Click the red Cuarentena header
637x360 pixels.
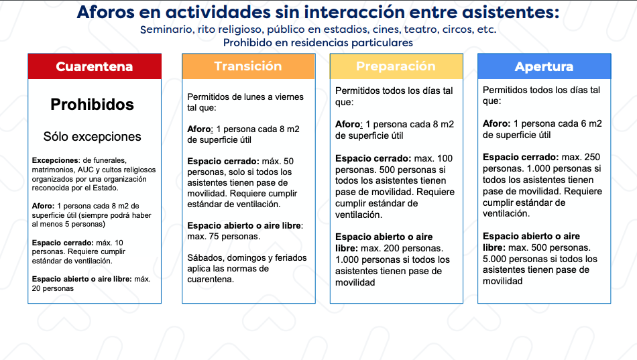[95, 66]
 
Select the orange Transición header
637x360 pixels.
[249, 66]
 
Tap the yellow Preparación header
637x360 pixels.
[396, 66]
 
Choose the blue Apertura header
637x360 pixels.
[544, 66]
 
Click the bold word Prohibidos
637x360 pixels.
[93, 105]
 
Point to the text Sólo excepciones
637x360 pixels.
[93, 137]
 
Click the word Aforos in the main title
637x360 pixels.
[106, 12]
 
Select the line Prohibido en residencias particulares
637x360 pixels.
[318, 43]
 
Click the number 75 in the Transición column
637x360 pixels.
[214, 237]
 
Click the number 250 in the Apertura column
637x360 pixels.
[592, 158]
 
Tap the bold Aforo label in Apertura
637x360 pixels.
[497, 123]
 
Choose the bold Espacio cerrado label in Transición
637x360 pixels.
[223, 162]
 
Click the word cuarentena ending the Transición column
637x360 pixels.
[211, 280]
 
